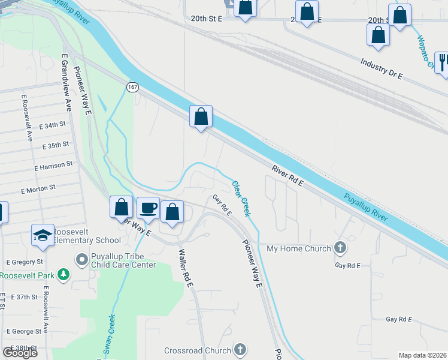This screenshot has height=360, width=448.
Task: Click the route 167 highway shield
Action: click(x=132, y=88)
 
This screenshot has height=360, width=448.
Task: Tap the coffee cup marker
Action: click(x=149, y=208)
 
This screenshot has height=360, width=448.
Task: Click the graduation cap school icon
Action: click(x=43, y=235)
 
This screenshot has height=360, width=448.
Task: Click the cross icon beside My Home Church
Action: click(x=340, y=248)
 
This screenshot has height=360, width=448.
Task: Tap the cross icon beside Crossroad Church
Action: click(x=240, y=350)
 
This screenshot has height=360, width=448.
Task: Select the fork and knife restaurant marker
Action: click(x=443, y=61)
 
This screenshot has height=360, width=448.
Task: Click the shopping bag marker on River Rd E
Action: click(x=201, y=116)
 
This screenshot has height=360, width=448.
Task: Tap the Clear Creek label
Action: click(x=241, y=199)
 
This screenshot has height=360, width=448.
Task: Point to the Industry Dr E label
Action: click(x=382, y=69)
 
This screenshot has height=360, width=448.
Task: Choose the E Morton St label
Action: click(x=38, y=188)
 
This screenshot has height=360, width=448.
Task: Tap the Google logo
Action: click(x=20, y=353)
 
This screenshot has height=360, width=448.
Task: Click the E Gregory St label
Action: click(x=25, y=262)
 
